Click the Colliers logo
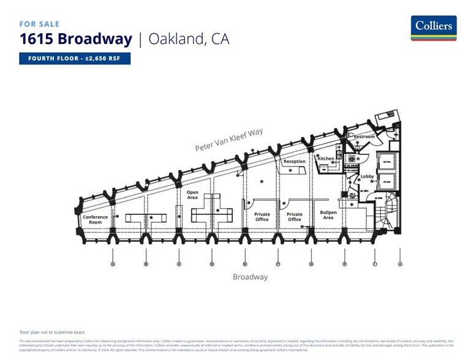click(433, 28)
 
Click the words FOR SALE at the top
click(39, 24)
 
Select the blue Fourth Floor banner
click(74, 59)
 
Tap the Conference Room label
click(95, 219)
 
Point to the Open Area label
click(192, 195)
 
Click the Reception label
click(294, 162)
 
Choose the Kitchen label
click(326, 159)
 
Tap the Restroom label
click(365, 137)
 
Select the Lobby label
click(367, 176)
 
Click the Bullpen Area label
click(328, 215)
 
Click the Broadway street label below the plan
click(250, 277)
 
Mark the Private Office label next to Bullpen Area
click(295, 217)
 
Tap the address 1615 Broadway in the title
click(75, 40)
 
